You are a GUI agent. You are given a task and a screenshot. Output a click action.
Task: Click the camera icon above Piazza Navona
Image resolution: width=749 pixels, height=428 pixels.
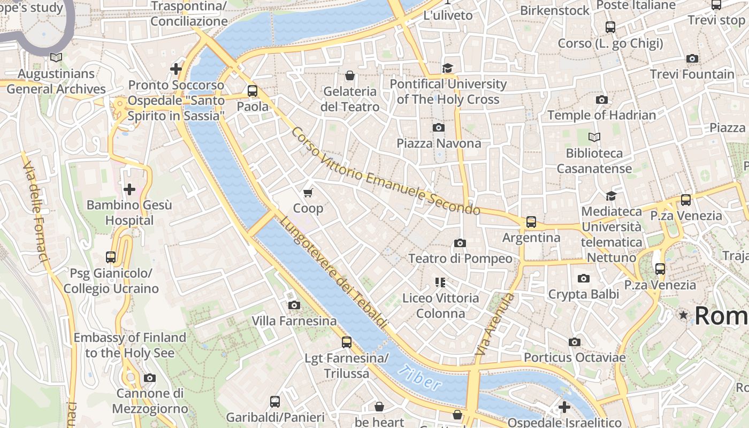pyautogui.click(x=438, y=127)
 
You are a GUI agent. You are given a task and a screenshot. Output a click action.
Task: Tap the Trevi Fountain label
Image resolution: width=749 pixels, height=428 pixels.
pyautogui.click(x=692, y=74)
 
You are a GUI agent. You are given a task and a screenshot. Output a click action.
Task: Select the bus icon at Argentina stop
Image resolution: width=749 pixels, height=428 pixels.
pyautogui.click(x=531, y=221)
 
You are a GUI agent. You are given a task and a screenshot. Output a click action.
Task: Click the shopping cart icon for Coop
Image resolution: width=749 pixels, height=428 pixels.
pyautogui.click(x=308, y=193)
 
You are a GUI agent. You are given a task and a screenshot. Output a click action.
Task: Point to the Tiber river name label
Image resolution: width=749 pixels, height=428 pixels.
pyautogui.click(x=421, y=377)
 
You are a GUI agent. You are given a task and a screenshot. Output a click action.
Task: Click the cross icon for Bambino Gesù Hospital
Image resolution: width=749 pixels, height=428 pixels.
pyautogui.click(x=129, y=189)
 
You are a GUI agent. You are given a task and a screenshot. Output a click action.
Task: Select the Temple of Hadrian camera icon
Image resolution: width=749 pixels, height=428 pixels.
pyautogui.click(x=601, y=100)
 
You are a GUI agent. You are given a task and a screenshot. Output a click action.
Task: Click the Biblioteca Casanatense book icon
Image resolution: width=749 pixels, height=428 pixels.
pyautogui.click(x=594, y=137)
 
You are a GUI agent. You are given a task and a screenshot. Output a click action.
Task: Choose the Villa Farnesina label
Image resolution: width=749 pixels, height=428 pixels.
pyautogui.click(x=294, y=321)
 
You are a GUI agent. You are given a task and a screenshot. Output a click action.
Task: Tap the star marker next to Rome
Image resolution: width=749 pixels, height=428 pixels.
pyautogui.click(x=683, y=315)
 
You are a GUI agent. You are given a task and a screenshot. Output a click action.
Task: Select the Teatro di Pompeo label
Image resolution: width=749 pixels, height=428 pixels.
pyautogui.click(x=460, y=259)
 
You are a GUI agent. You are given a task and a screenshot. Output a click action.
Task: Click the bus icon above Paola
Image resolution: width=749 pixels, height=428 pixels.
pyautogui.click(x=253, y=90)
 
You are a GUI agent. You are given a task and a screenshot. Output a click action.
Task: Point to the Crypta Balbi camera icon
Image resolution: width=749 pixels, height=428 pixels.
pyautogui.click(x=583, y=278)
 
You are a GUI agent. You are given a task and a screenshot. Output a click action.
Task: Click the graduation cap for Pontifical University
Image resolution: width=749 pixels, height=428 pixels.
pyautogui.click(x=447, y=68)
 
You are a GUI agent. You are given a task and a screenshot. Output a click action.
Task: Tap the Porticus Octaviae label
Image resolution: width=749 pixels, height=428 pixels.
pyautogui.click(x=574, y=357)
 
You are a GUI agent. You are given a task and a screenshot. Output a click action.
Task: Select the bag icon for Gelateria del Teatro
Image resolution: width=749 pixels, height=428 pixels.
pyautogui.click(x=349, y=75)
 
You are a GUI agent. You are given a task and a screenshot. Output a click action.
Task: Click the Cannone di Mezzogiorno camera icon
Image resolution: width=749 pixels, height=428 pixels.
pyautogui.click(x=150, y=378)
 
